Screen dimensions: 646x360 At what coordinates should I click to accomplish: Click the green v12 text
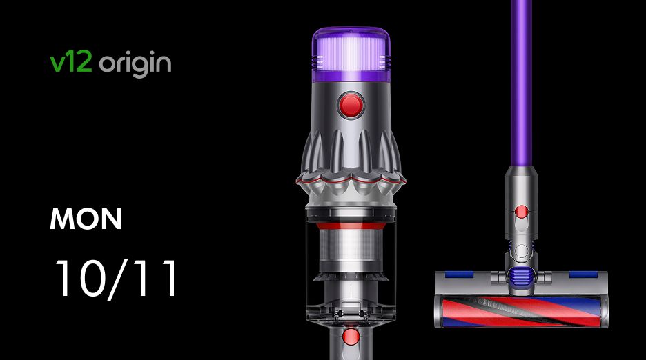click(x=70, y=63)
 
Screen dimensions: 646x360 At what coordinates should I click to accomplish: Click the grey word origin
click(x=135, y=64)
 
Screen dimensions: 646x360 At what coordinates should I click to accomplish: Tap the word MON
click(x=86, y=219)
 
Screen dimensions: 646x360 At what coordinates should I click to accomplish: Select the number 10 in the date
click(x=78, y=278)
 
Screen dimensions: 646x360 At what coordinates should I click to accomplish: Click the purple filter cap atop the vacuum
click(x=351, y=54)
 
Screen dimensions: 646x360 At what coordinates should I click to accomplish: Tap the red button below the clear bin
click(x=351, y=336)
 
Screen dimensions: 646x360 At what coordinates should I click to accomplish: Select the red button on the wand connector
click(x=522, y=212)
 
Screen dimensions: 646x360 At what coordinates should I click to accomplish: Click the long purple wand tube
click(x=522, y=82)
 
